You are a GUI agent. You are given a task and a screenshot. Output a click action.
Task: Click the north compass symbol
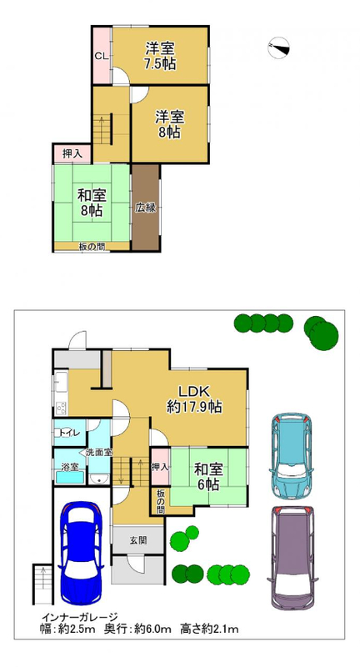click(x=279, y=48)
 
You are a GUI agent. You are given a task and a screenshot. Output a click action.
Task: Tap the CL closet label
click(x=101, y=56)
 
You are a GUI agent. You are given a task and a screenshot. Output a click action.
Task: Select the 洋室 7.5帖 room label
click(x=160, y=56)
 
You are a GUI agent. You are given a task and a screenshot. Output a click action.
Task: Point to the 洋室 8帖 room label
click(x=169, y=124)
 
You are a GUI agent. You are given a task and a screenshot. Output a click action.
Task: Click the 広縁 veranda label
click(x=145, y=208)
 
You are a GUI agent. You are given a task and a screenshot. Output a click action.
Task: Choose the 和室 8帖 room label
click(x=92, y=203)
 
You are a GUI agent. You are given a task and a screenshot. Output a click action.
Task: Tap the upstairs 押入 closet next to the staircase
click(x=72, y=154)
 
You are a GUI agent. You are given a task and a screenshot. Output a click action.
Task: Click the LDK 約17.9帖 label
click(x=193, y=399)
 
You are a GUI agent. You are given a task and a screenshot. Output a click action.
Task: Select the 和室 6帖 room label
click(x=208, y=477)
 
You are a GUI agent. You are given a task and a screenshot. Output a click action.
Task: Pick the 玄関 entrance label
click(x=138, y=540)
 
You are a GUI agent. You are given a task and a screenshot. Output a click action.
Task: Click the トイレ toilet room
click(x=70, y=433)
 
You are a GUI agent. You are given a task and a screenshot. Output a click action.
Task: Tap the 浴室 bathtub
click(x=70, y=477)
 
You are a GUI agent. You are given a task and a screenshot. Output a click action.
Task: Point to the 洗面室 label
click(x=98, y=453)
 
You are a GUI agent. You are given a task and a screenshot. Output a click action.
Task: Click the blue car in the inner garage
click(x=81, y=553)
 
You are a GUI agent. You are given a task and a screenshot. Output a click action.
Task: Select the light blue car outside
click(x=291, y=454)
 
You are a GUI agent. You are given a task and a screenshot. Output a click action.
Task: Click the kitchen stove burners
click(x=61, y=408)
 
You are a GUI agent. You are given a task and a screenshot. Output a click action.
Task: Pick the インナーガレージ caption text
click(x=79, y=616)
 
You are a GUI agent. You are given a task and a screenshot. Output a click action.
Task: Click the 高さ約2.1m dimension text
click(x=209, y=628)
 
